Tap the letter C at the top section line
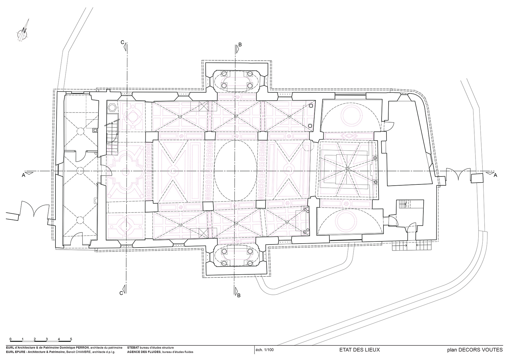(x=122, y=42)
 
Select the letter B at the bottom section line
(x=239, y=295)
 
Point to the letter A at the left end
(x=23, y=175)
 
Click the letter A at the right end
(x=495, y=175)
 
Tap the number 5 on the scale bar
(x=71, y=339)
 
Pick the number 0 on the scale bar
(x=10, y=339)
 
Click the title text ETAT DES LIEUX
(x=359, y=350)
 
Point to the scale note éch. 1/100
(x=265, y=350)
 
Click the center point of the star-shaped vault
(x=347, y=168)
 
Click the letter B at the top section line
(x=240, y=45)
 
